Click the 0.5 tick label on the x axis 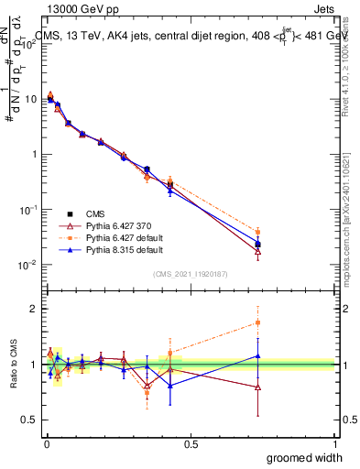tap(191, 443)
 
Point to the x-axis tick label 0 tap(46, 443)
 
